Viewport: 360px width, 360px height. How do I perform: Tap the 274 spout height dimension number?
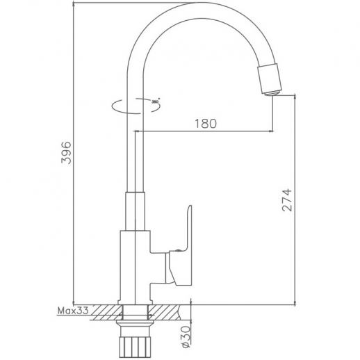pos(287,202)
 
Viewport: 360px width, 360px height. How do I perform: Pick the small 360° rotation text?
pos(156,101)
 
